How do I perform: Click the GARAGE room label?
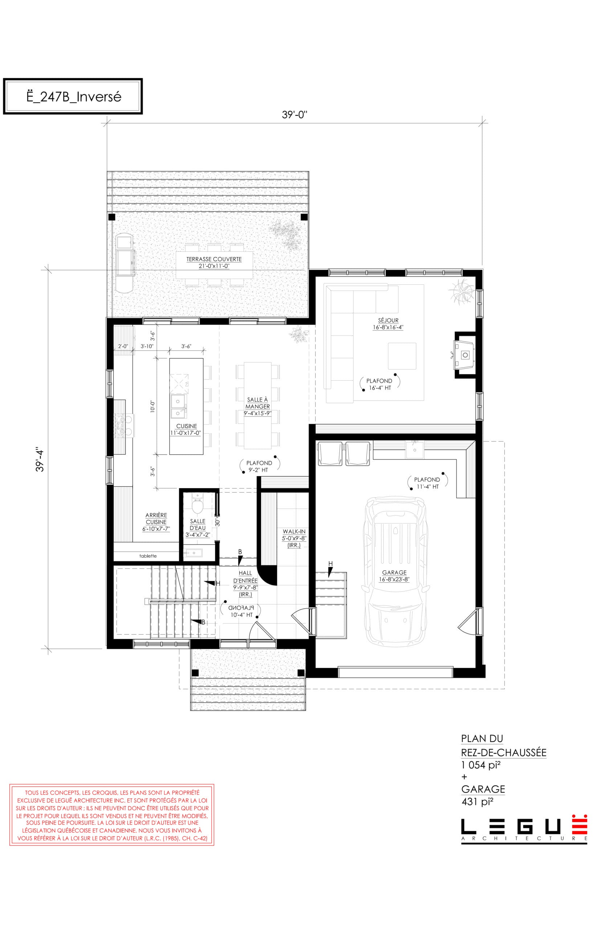394,573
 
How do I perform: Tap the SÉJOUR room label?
388,320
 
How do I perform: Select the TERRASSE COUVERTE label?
214,259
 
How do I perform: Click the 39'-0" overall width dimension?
295,115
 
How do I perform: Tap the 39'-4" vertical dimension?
40,459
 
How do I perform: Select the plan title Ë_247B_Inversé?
74,97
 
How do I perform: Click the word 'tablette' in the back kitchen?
148,556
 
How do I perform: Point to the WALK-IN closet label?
294,531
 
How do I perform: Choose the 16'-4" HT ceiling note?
380,388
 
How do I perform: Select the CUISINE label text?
187,426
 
